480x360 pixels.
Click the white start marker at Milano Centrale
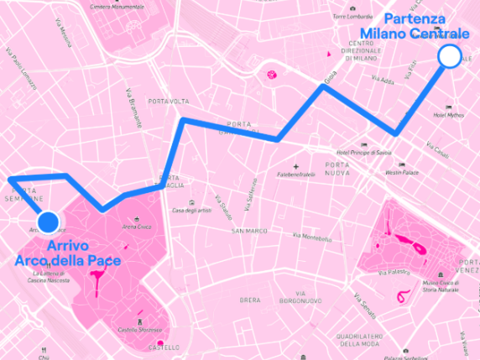(x=451, y=56)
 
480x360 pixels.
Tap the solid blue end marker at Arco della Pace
(x=48, y=222)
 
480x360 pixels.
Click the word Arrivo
(x=68, y=246)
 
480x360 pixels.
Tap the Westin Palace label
(x=400, y=172)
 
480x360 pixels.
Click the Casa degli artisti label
(x=191, y=210)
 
